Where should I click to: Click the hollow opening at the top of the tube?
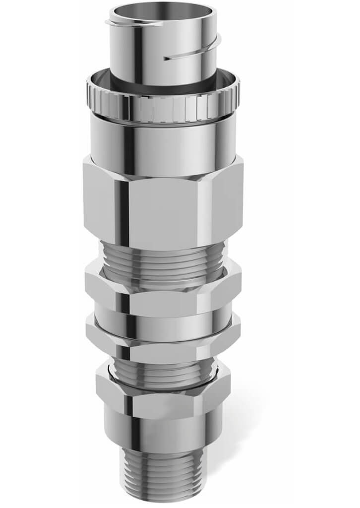[x=163, y=11]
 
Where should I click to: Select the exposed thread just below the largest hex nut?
[x=164, y=258]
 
